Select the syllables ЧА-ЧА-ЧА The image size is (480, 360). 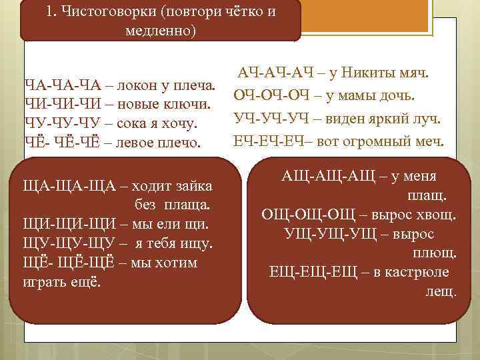click(60, 87)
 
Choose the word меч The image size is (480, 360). click(429, 141)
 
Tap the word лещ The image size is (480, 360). click(441, 291)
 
